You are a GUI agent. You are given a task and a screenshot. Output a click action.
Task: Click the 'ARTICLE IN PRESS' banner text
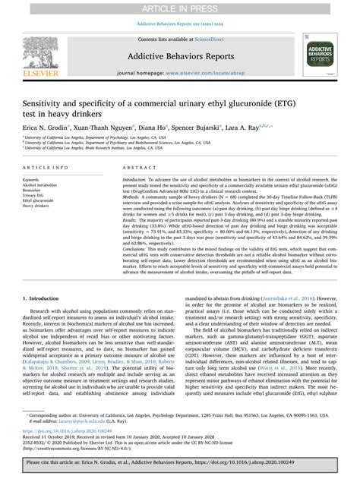pyautogui.click(x=180, y=7)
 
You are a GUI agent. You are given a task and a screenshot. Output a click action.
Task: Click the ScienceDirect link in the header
pyautogui.click(x=210, y=37)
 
